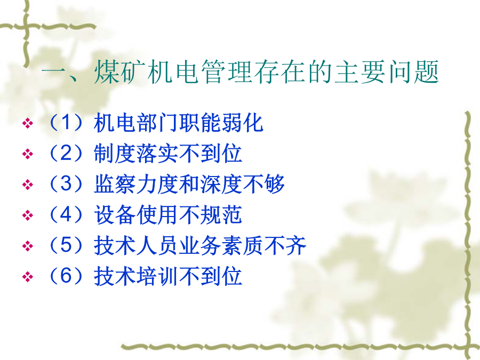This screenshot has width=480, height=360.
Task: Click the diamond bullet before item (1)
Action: pyautogui.click(x=28, y=124)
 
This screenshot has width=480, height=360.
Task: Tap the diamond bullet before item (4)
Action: pyautogui.click(x=28, y=215)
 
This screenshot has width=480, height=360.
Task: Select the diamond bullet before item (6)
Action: pyautogui.click(x=28, y=277)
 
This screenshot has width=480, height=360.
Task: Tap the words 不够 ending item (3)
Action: pyautogui.click(x=264, y=184)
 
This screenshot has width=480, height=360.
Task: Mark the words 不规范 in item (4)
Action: pyautogui.click(x=211, y=214)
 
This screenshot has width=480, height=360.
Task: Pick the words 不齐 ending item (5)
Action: pyautogui.click(x=285, y=245)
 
